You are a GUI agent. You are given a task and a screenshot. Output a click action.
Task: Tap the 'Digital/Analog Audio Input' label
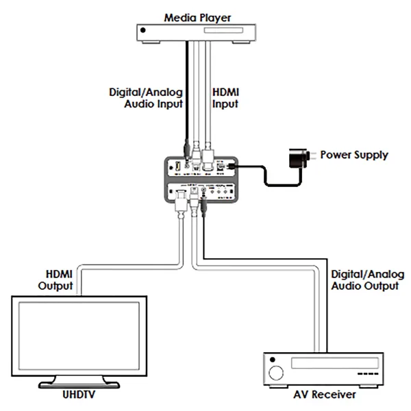[x=146, y=97]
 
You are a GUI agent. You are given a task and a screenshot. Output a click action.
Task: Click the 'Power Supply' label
[x=354, y=155]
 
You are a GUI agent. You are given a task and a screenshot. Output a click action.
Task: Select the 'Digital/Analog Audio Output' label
[x=364, y=279]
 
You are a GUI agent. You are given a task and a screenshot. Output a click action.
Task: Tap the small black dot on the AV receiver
[x=272, y=360]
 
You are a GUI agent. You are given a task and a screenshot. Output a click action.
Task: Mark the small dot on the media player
[x=143, y=29]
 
